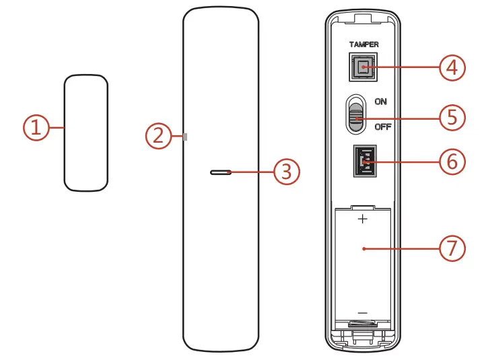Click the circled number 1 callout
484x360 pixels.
coord(36,128)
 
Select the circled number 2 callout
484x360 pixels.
coord(158,137)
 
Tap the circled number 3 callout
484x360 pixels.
coord(287,172)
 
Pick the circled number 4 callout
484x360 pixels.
coord(452,67)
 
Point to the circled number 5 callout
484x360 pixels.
coord(452,117)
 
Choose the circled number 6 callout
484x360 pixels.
coord(452,161)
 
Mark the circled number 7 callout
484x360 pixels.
coord(452,248)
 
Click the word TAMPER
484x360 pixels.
coord(364,44)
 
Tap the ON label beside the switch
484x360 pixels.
coord(381,101)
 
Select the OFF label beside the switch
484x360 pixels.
coord(382,127)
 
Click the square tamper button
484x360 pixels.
coord(364,67)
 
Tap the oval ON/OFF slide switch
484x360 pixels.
coord(356,114)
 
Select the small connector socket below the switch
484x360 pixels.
coord(364,162)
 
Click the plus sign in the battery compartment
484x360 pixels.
coord(364,219)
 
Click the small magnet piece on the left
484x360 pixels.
coord(86,133)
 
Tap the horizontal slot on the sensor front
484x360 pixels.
coord(221,172)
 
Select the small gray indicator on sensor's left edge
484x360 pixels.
coord(185,137)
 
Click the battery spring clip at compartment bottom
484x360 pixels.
coord(364,326)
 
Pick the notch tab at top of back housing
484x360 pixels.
coord(364,27)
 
